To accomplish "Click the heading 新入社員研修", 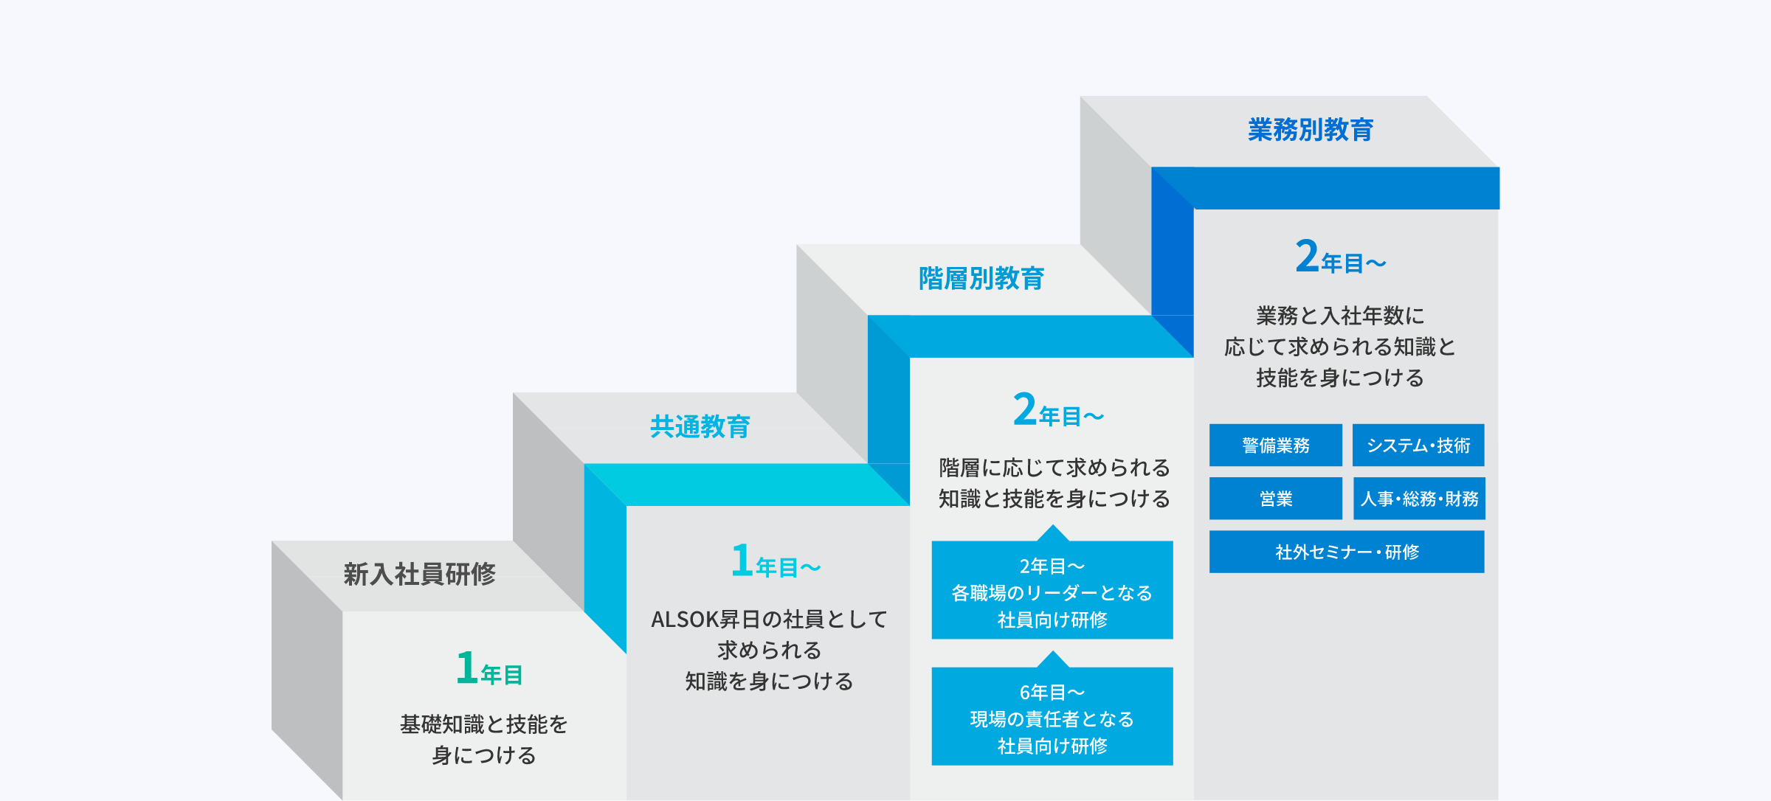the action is point(419,574).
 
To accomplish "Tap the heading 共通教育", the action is point(700,426).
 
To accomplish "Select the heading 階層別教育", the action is point(981,278).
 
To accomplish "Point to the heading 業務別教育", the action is point(1311,130).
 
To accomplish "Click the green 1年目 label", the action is point(489,668).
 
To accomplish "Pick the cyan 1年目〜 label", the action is point(776,561).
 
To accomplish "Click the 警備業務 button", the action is point(1276,445).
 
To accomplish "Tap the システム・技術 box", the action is point(1418,445).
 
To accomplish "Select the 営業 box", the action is point(1276,499).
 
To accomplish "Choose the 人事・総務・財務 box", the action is point(1419,499).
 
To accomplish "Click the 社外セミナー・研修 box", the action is point(1347,552).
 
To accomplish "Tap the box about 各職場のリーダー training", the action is point(1052,590).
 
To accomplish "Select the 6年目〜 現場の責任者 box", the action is point(1052,716).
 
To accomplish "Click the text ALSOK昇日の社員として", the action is point(769,620).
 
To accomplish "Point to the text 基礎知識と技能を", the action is point(484,724).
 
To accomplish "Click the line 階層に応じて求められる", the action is point(1054,468).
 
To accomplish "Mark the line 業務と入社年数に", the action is point(1340,316).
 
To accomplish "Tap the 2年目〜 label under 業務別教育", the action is point(1341,257).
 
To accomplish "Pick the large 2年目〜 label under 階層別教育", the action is point(1058,410).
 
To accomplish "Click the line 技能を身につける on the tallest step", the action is point(1340,378).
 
